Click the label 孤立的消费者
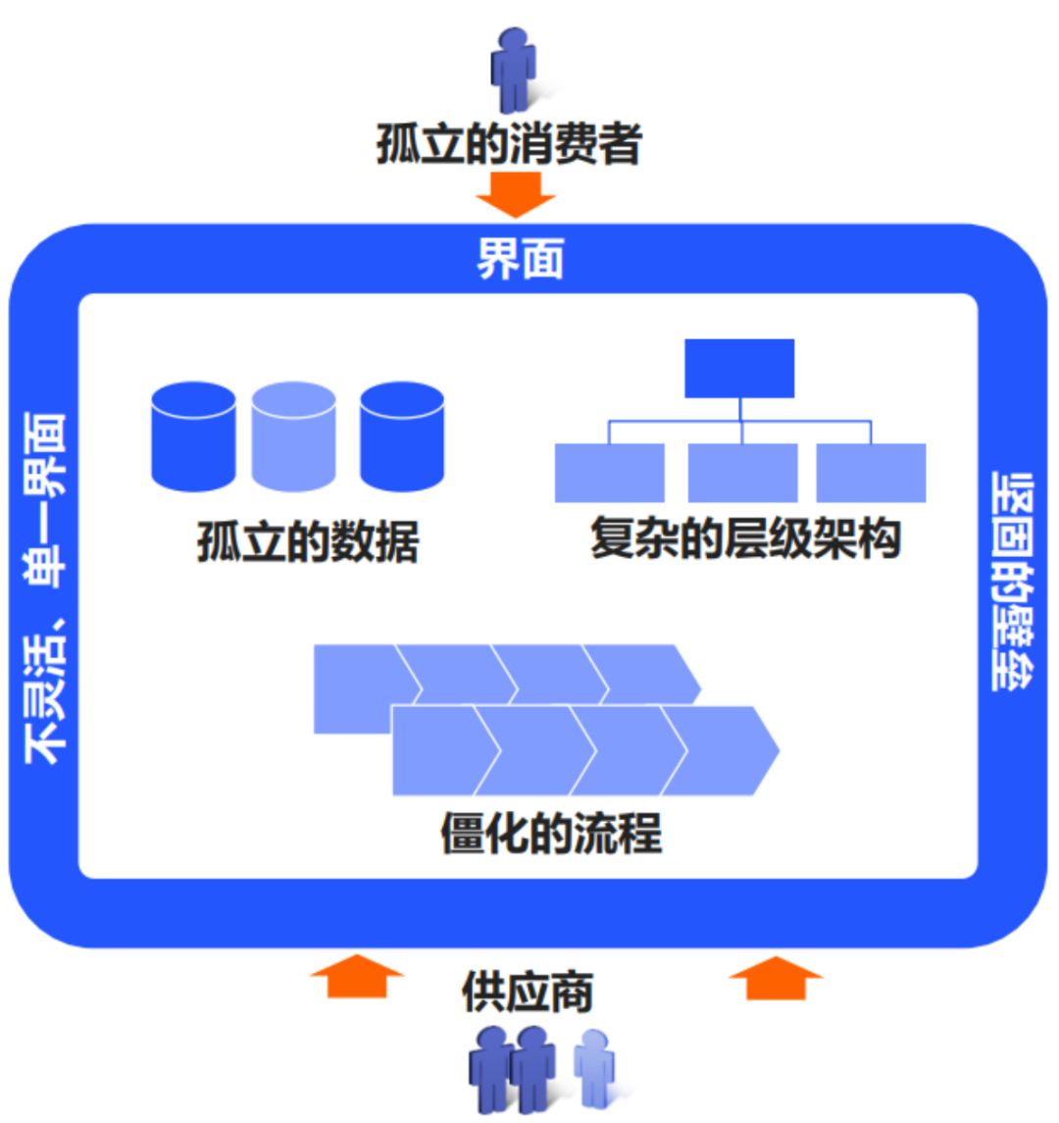click(509, 145)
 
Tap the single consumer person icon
click(512, 69)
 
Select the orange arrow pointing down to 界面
click(515, 193)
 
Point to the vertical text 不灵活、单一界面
click(45, 588)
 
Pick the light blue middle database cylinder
click(294, 436)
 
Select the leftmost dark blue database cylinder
click(193, 436)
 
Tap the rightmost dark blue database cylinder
click(402, 436)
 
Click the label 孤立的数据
click(308, 541)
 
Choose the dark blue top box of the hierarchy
click(738, 368)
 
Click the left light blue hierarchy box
click(609, 473)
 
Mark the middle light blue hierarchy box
click(742, 473)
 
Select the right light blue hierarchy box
click(871, 473)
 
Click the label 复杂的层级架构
click(745, 539)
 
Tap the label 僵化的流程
click(551, 834)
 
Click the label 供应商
click(528, 993)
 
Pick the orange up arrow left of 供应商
click(357, 976)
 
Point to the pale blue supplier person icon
click(594, 1066)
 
